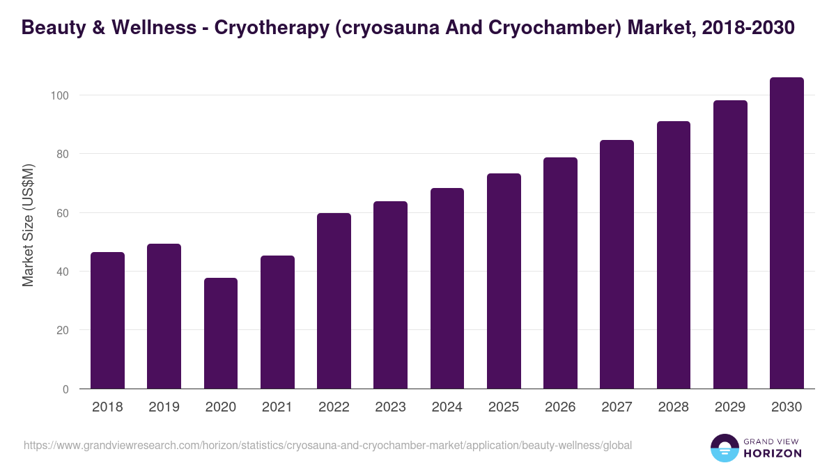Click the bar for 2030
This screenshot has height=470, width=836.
[x=787, y=233]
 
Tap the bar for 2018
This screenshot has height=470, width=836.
[x=107, y=320]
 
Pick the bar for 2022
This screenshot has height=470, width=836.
[x=334, y=301]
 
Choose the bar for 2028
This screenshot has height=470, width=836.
[x=674, y=255]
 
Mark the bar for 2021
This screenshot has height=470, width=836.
[x=277, y=322]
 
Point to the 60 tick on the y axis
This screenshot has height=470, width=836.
[x=63, y=213]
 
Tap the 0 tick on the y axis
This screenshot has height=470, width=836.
[x=65, y=389]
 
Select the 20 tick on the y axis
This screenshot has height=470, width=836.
[x=63, y=330]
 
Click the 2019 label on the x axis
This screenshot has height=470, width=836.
[x=164, y=407]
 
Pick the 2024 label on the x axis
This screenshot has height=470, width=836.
[x=447, y=407]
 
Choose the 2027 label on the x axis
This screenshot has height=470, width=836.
[x=617, y=407]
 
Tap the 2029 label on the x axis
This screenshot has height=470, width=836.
[x=730, y=407]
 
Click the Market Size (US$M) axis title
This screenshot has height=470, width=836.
[x=28, y=225]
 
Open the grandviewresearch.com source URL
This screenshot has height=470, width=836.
[x=327, y=445]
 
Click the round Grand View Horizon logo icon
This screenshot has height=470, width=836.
[x=724, y=448]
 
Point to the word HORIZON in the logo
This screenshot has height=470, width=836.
[x=773, y=453]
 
